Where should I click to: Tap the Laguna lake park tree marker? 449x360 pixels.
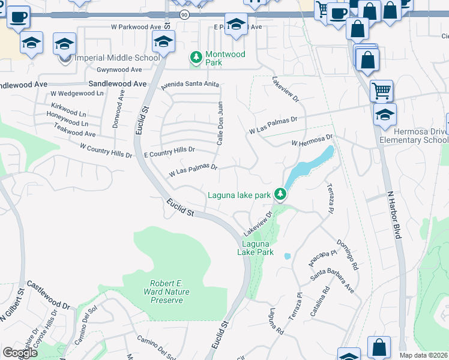279,194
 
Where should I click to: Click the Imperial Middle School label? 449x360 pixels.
117,58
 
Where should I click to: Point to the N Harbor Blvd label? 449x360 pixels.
394,215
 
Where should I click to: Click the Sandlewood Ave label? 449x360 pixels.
117,85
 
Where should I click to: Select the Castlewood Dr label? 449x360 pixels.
49,294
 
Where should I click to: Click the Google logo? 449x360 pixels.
20,353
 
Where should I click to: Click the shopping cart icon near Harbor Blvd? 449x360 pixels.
381,91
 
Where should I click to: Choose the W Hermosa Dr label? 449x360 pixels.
312,142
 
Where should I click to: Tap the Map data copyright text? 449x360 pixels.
423,355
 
